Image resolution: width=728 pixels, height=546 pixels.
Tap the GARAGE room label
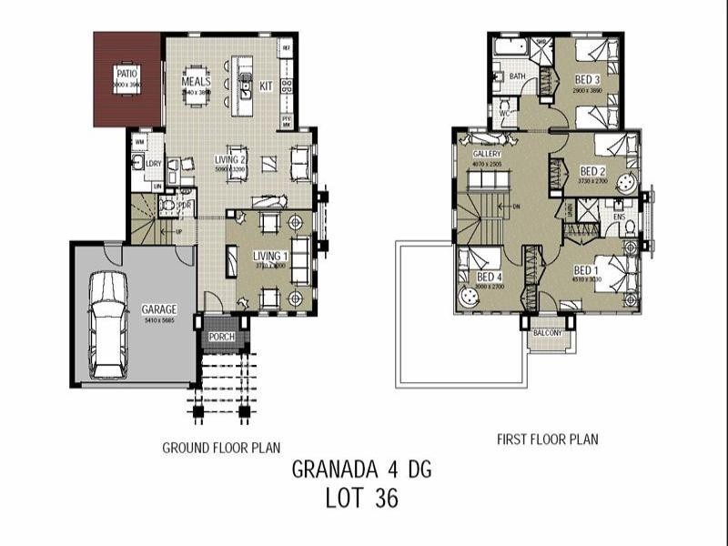(x=158, y=310)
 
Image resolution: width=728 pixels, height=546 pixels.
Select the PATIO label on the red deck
(x=126, y=74)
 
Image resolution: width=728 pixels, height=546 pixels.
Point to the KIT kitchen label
(x=267, y=86)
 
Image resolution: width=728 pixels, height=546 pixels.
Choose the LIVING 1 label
(x=270, y=257)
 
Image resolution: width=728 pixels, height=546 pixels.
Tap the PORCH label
(x=221, y=338)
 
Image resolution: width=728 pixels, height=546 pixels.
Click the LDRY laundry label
(x=153, y=164)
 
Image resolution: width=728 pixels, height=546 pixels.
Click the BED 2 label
(x=592, y=171)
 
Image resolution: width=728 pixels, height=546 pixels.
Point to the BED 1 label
(x=586, y=270)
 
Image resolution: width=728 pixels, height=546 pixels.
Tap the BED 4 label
(x=490, y=277)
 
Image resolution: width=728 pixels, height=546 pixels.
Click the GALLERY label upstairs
(x=487, y=154)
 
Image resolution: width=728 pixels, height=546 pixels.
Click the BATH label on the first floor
(x=517, y=76)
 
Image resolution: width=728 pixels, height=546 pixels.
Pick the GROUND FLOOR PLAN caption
(x=220, y=448)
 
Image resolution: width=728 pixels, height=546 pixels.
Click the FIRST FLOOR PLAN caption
(x=547, y=440)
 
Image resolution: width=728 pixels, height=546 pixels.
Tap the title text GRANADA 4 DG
(x=361, y=470)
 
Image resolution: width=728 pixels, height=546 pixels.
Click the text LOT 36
(x=361, y=498)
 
